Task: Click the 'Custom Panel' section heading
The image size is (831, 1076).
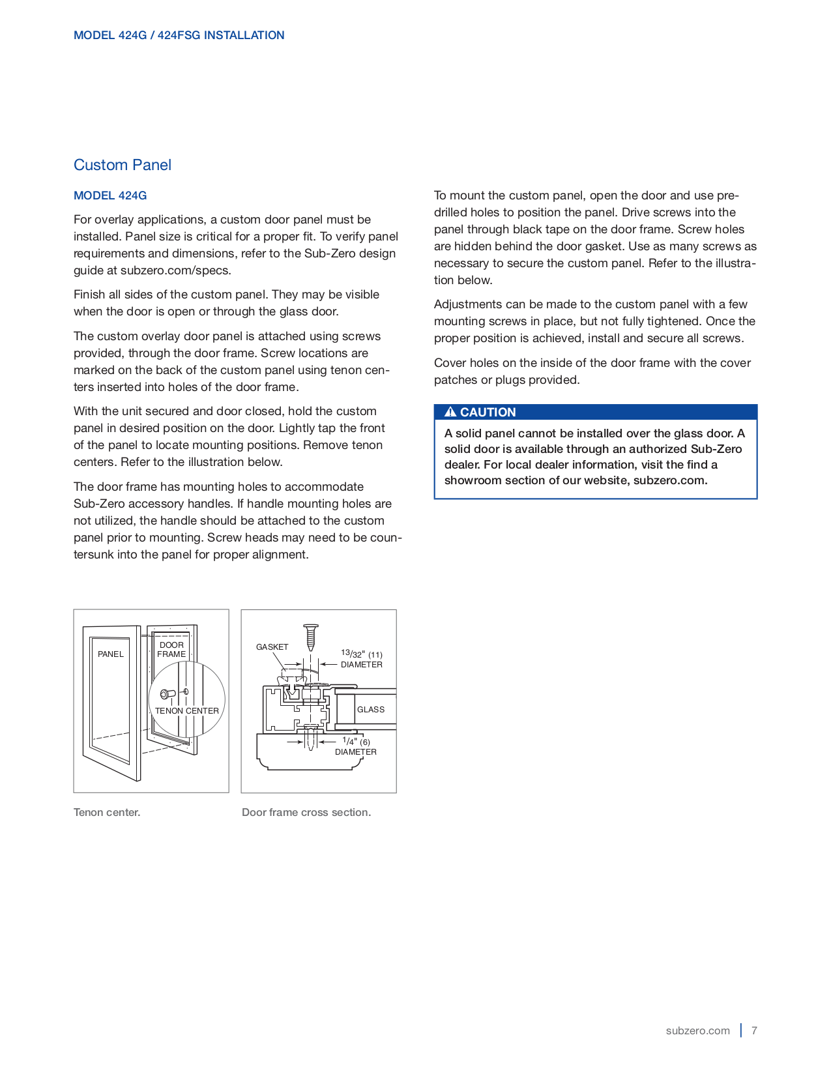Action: (x=123, y=165)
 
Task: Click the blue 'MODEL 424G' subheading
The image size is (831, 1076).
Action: (x=110, y=196)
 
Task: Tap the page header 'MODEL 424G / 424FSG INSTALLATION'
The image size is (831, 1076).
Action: (x=179, y=35)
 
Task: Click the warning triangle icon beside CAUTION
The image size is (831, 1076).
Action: (x=450, y=412)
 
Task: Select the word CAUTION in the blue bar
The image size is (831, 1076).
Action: (x=488, y=412)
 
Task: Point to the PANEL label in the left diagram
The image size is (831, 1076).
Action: (x=110, y=654)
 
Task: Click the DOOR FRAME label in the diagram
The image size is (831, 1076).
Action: (x=171, y=649)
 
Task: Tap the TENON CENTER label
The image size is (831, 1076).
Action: (x=186, y=710)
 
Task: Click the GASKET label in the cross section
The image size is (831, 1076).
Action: (x=272, y=647)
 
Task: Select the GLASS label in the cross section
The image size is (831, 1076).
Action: (x=370, y=709)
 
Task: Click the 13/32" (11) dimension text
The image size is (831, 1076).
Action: (x=361, y=654)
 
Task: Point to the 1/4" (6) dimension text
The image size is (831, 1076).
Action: (x=356, y=742)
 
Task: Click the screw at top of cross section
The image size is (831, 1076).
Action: (x=311, y=636)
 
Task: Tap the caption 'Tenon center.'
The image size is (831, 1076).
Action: (x=107, y=812)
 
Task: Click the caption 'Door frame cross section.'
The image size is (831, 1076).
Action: (x=306, y=812)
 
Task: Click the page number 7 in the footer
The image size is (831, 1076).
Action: (x=754, y=1030)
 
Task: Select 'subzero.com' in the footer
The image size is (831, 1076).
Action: (x=697, y=1030)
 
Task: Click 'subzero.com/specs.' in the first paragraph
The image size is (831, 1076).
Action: (x=175, y=270)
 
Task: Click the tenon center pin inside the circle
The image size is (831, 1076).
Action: (x=167, y=694)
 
